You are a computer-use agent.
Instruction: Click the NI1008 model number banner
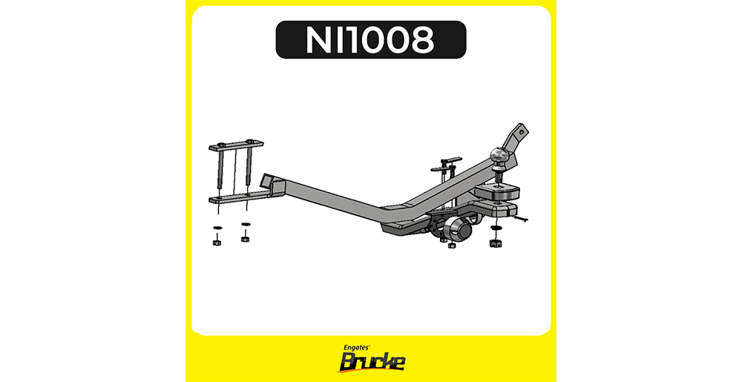click(x=371, y=40)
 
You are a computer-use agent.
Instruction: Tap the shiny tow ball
click(x=499, y=154)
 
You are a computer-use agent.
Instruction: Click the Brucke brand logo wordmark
click(x=372, y=362)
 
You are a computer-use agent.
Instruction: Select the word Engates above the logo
click(x=358, y=347)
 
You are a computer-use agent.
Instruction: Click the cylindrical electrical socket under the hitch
click(x=458, y=231)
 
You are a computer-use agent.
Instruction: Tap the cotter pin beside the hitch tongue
click(x=522, y=219)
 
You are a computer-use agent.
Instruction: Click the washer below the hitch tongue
click(x=496, y=228)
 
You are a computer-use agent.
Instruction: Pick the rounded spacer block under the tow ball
click(x=497, y=191)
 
